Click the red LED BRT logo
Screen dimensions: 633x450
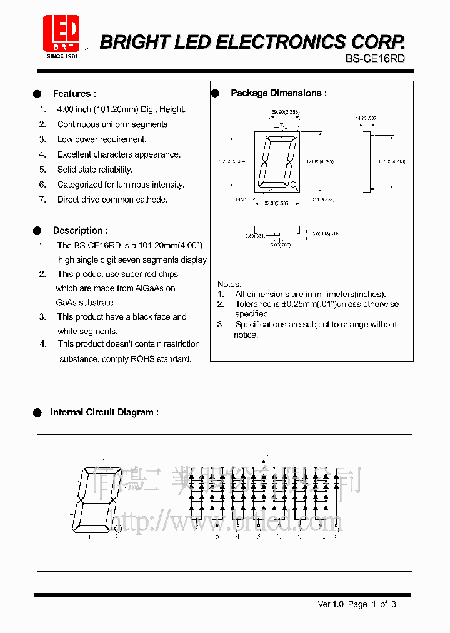[61, 34]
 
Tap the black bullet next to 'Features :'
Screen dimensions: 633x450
[37, 94]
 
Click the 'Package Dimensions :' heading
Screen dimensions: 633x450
[278, 93]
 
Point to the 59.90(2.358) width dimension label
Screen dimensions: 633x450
[284, 112]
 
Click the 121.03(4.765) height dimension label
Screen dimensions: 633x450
[319, 161]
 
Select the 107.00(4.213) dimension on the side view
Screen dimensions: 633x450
[391, 161]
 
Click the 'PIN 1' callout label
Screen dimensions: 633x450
[242, 200]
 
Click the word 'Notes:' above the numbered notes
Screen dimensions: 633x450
[229, 284]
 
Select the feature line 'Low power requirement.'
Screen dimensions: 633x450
[101, 139]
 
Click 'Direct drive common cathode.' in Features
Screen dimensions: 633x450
[112, 200]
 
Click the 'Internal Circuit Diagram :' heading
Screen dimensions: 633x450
[104, 412]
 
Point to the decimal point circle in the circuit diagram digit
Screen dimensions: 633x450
[119, 529]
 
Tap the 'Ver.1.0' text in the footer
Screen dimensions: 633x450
[331, 604]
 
